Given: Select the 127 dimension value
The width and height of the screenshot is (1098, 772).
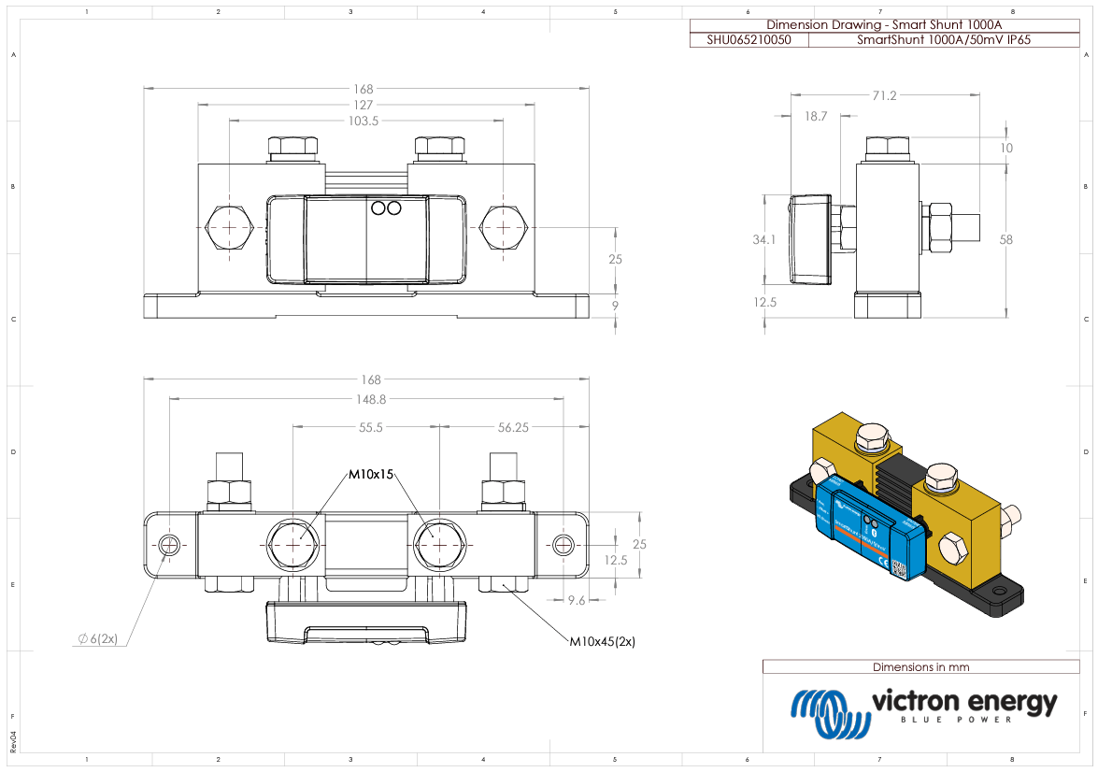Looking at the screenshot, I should pyautogui.click(x=364, y=105).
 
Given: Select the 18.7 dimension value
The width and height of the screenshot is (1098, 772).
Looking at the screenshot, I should pyautogui.click(x=816, y=117).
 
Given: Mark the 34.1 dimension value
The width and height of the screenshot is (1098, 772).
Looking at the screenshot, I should pyautogui.click(x=763, y=240).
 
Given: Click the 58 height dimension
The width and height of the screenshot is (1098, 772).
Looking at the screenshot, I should pyautogui.click(x=1005, y=240).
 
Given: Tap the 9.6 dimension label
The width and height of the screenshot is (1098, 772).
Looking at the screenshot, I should pyautogui.click(x=577, y=600).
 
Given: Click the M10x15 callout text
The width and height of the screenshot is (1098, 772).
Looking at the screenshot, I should pyautogui.click(x=372, y=475).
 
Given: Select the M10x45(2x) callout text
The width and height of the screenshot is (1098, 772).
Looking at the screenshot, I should pyautogui.click(x=603, y=642).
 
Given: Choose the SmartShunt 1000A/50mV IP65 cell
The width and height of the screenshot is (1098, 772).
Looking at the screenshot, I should pyautogui.click(x=944, y=40).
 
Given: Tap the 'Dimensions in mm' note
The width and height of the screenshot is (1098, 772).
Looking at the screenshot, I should pyautogui.click(x=920, y=667).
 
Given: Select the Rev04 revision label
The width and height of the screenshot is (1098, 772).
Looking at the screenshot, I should pyautogui.click(x=13, y=741).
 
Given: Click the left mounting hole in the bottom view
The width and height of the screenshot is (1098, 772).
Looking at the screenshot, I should pyautogui.click(x=169, y=544).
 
